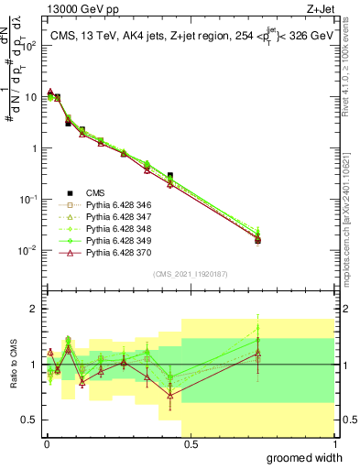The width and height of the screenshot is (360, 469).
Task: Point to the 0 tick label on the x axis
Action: click(x=45, y=444)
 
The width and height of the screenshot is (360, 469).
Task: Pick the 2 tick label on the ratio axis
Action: click(x=34, y=309)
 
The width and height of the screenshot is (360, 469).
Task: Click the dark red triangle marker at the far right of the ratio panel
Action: click(x=258, y=353)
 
